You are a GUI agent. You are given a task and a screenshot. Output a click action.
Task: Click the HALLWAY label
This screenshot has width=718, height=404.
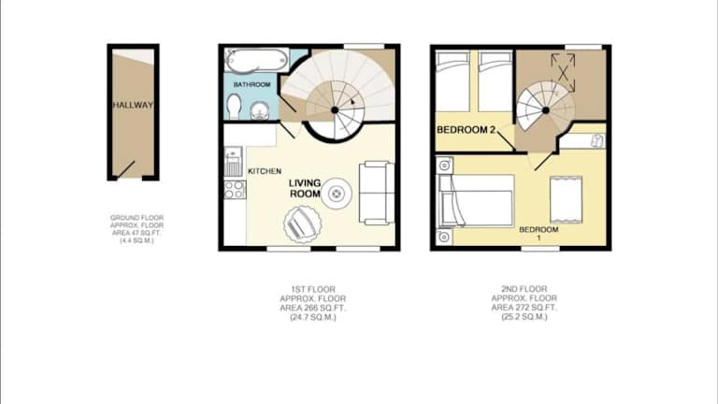click(x=134, y=105)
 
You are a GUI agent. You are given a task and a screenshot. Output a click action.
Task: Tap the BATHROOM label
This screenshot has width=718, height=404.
click(x=251, y=85)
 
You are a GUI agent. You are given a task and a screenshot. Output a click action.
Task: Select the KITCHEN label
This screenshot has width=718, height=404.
click(x=265, y=171)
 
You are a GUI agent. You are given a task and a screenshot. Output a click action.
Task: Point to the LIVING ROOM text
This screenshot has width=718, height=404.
click(x=305, y=188)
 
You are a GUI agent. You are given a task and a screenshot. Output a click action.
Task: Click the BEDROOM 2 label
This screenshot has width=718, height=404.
click(x=467, y=130)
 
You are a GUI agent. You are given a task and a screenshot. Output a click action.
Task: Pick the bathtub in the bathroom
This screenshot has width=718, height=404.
click(x=256, y=60)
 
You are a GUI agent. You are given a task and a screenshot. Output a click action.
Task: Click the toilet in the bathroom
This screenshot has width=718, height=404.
click(x=234, y=107)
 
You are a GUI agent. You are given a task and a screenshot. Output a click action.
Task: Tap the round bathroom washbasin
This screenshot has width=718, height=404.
click(x=259, y=110)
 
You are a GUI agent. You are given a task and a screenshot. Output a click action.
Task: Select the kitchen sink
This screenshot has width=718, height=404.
click(x=234, y=162)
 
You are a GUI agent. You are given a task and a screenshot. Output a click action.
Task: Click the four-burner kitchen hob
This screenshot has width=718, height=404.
click(x=235, y=190)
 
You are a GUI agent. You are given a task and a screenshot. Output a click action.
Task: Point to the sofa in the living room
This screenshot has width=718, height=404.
click(x=377, y=193)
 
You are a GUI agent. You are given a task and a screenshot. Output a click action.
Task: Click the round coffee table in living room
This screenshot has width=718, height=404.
click(x=337, y=194)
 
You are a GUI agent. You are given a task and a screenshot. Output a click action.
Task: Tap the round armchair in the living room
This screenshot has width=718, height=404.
click(x=302, y=224)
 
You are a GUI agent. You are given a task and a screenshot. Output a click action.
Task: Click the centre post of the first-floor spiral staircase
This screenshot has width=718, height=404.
click(x=335, y=110)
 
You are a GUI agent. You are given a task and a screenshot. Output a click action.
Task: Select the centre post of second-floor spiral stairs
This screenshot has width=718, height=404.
click(x=545, y=110)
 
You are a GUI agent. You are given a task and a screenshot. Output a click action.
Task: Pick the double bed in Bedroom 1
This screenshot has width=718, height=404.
click(x=476, y=201)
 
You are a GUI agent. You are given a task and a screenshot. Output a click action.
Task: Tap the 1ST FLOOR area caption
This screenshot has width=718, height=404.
click(x=313, y=303)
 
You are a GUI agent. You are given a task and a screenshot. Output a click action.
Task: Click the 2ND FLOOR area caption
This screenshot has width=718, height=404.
click(x=524, y=303)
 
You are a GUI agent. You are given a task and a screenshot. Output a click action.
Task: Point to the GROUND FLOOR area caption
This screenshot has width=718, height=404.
click(x=136, y=229)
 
